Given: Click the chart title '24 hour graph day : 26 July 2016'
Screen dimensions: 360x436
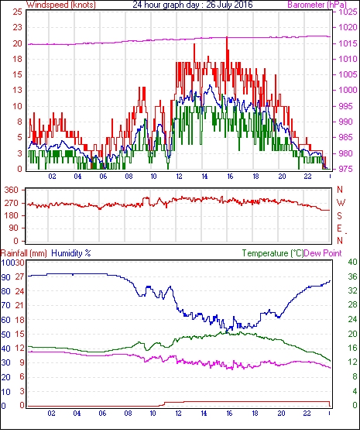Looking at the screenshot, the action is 193,5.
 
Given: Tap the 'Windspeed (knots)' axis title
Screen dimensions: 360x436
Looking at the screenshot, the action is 61,5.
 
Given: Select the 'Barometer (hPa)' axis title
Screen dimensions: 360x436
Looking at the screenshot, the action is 317,5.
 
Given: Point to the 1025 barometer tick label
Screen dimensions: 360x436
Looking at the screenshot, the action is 348,12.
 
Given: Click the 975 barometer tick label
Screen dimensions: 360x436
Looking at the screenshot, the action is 346,169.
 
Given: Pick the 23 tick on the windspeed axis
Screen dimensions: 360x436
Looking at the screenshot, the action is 17,28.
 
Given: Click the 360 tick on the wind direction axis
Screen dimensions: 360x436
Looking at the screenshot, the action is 12,191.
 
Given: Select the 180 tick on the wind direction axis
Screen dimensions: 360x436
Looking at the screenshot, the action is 12,215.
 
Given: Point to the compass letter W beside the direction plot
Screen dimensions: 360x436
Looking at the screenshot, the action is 341,202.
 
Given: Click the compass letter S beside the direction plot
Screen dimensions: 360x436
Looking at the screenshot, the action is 339,215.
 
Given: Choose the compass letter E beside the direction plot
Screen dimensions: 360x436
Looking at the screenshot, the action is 339,228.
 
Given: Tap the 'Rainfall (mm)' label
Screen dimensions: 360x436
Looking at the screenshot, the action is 24,253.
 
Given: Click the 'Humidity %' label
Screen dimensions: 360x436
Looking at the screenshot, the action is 71,253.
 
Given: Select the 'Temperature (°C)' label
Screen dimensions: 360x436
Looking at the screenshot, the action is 273,253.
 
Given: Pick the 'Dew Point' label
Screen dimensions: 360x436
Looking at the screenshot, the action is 323,253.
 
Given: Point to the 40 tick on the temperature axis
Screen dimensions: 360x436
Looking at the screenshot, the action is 352,262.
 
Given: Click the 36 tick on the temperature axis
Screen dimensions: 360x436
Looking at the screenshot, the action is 352,276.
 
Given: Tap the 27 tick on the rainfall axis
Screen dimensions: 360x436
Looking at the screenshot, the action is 19,276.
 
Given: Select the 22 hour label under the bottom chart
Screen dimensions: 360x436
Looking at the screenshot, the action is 307,413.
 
